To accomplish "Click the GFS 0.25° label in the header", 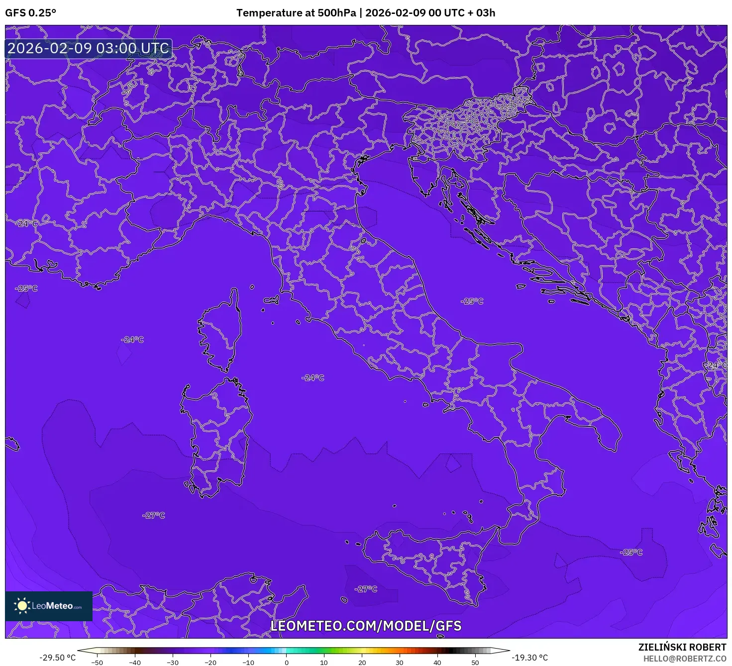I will tap(30, 13).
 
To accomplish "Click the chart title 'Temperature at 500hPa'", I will tap(296, 13).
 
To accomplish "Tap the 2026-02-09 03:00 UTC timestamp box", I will tap(88, 48).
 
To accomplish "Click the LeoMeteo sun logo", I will tap(22, 606).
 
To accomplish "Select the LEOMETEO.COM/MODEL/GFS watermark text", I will tap(366, 626).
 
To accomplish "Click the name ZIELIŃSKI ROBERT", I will tap(682, 647).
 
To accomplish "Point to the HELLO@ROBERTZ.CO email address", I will tap(685, 659).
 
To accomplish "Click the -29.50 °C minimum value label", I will tap(58, 658).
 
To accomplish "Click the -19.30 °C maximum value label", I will tap(529, 658).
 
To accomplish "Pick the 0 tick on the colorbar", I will tap(286, 663).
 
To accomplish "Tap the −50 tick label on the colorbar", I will tap(97, 663).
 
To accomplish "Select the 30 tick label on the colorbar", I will tap(400, 663).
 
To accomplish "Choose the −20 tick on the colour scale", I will tap(210, 663).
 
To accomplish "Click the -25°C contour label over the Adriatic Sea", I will tap(472, 301).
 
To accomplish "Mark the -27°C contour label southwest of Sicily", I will tap(366, 589).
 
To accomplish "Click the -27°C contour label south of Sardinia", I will tap(153, 515).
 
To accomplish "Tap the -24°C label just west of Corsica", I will tap(132, 339).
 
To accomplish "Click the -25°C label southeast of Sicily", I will tap(631, 552).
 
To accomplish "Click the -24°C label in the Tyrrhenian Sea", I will tap(313, 378).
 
